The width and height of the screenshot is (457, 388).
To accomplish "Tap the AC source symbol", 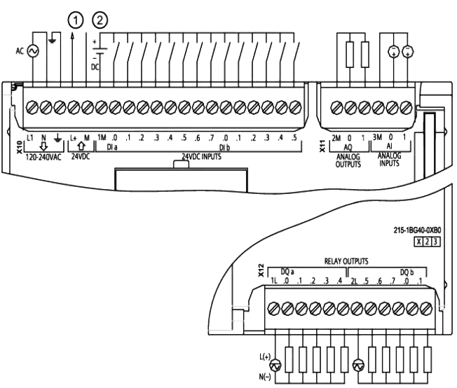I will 31,51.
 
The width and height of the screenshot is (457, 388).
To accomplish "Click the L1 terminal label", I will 30,137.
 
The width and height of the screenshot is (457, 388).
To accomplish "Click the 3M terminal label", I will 378,138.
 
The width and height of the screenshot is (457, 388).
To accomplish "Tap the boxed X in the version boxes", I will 419,242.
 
